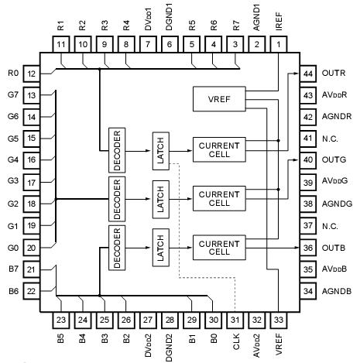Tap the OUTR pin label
(x=335, y=73)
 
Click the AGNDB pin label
(x=337, y=291)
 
